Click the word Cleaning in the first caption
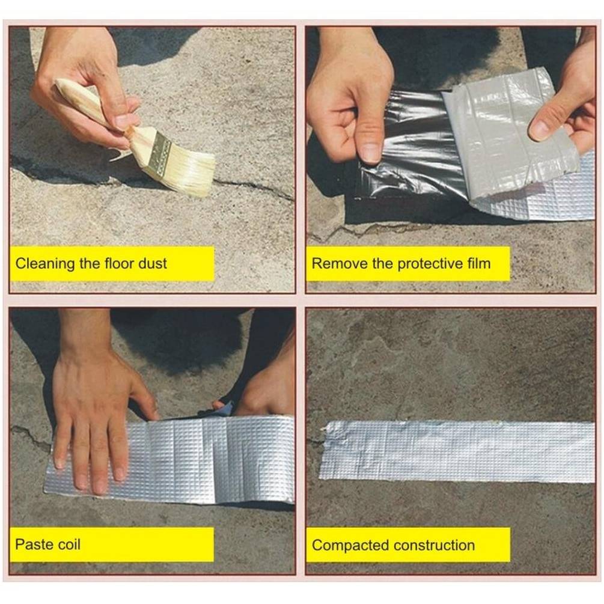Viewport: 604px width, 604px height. [x=44, y=264]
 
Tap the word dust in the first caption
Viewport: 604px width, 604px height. [x=152, y=263]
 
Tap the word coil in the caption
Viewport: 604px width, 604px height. [x=68, y=545]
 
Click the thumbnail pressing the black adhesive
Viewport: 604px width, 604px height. [x=370, y=153]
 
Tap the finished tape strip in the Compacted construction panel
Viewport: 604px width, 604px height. [x=457, y=451]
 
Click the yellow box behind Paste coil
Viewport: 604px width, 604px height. [x=112, y=545]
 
